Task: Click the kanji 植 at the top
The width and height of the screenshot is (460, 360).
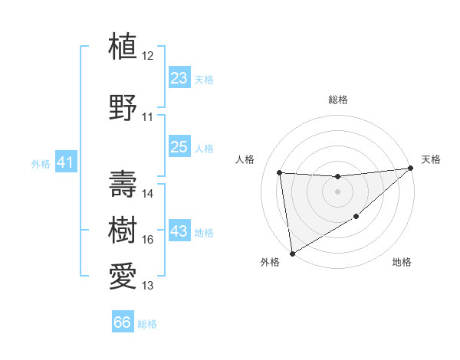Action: [123, 46]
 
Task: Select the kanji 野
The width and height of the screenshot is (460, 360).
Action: [123, 107]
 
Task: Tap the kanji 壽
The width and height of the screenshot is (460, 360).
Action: [123, 183]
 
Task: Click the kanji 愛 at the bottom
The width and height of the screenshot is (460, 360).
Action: [123, 275]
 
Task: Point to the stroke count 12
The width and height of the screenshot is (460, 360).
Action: [148, 56]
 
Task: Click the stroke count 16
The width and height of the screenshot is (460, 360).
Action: [148, 240]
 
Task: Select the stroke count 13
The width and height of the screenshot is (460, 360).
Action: [148, 286]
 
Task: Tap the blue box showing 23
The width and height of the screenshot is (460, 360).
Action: [179, 77]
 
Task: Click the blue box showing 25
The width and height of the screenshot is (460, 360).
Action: [179, 146]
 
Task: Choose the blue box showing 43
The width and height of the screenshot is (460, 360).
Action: [179, 231]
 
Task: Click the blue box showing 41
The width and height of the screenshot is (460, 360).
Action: [65, 162]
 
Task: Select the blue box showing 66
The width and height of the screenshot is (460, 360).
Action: [123, 322]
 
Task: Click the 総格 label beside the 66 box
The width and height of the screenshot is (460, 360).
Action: [147, 324]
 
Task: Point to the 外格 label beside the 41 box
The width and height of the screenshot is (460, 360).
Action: [41, 163]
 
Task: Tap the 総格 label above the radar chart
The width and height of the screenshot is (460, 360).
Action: [337, 100]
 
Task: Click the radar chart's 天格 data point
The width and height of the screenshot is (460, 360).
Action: [412, 169]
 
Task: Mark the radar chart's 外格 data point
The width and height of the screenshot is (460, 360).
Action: [292, 253]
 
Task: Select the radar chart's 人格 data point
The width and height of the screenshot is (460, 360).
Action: [280, 172]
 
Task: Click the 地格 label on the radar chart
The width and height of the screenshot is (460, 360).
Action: [402, 262]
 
